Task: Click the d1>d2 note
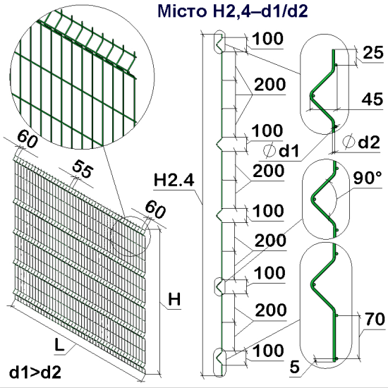(x=34, y=370)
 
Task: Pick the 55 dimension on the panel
(x=83, y=169)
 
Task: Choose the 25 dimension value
(x=374, y=51)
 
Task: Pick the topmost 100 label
(x=267, y=39)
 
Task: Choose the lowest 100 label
(x=267, y=350)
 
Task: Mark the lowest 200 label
(x=269, y=310)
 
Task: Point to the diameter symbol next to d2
(x=349, y=143)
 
